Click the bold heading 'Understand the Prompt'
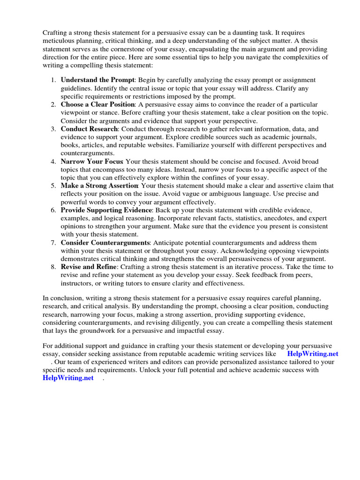[x=97, y=80]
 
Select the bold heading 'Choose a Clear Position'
[x=97, y=104]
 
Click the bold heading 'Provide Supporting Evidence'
[x=106, y=210]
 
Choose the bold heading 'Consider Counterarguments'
[x=105, y=243]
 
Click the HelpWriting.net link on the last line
[x=68, y=378]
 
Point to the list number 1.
[x=53, y=80]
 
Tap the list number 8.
[x=53, y=267]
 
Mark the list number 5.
[x=53, y=186]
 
